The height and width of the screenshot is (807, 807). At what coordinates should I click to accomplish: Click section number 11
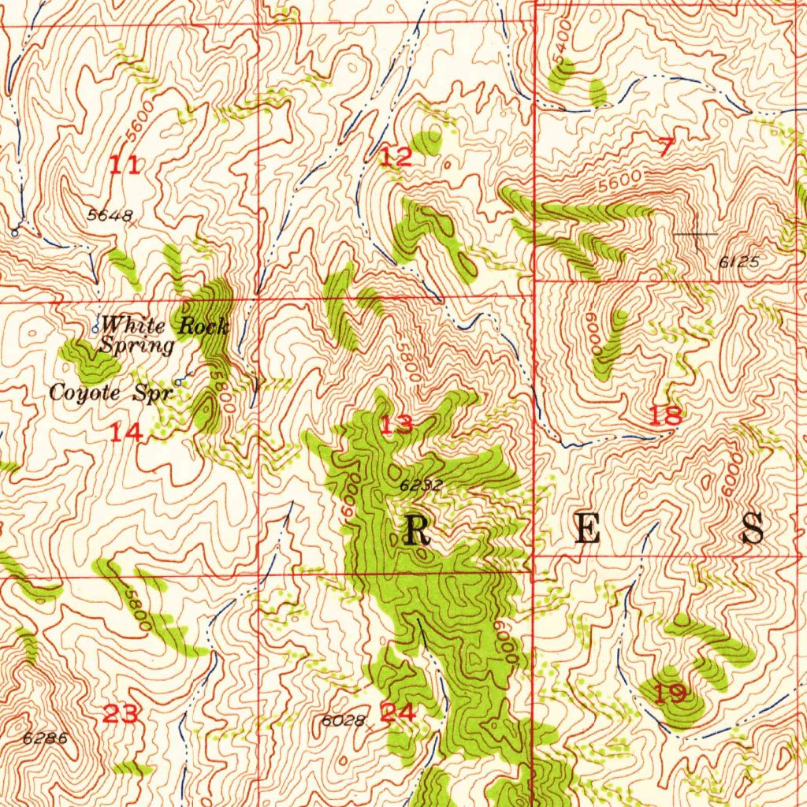(125, 165)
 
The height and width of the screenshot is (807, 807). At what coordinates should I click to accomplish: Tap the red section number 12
(396, 157)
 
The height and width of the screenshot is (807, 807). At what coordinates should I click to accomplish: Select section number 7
(666, 147)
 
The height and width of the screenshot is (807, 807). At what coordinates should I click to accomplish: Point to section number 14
(125, 432)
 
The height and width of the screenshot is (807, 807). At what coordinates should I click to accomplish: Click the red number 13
(396, 426)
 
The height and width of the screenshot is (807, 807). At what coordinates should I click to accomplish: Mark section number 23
(122, 714)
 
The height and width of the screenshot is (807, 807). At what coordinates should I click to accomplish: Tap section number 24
(397, 712)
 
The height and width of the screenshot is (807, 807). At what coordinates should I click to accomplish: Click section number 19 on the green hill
(670, 694)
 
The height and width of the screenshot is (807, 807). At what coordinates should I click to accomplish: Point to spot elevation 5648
(110, 215)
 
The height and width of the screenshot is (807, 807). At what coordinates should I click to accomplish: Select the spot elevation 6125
(738, 262)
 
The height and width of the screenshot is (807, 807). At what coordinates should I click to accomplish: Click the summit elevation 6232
(421, 486)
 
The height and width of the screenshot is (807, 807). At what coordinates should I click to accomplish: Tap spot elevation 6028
(344, 720)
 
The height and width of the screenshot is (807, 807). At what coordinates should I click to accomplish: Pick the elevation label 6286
(46, 738)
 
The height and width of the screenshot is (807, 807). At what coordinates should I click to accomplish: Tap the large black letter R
(417, 530)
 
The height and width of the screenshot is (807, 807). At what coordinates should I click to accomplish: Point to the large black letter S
(753, 529)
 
